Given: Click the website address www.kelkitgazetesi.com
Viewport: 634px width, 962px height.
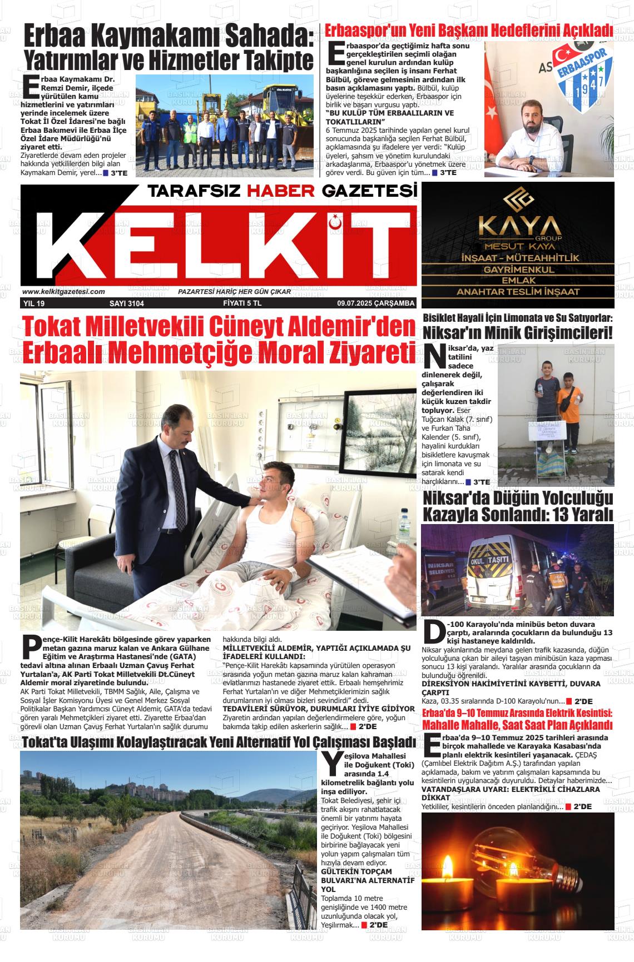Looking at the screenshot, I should point(64,292).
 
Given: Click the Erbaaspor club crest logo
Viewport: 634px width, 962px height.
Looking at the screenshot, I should point(578,73).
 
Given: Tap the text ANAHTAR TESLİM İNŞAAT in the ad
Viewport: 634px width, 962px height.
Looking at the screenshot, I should point(518,292).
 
